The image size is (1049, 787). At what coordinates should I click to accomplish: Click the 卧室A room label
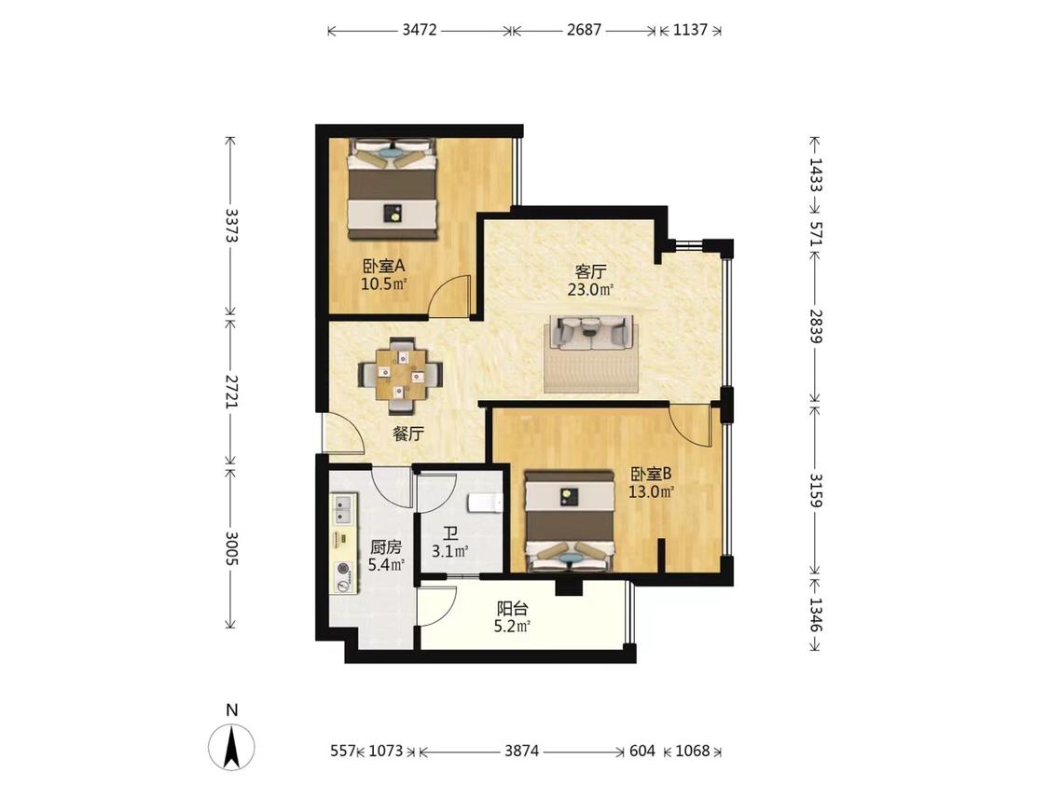pyautogui.click(x=384, y=267)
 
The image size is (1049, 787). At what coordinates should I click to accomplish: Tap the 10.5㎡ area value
pyautogui.click(x=384, y=283)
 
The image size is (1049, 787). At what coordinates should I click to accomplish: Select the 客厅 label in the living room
pyautogui.click(x=591, y=271)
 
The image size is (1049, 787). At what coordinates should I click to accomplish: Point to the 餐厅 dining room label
pyautogui.click(x=408, y=434)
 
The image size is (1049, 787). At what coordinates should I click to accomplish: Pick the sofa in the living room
pyautogui.click(x=592, y=332)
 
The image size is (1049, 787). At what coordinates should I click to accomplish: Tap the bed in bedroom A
pyautogui.click(x=392, y=188)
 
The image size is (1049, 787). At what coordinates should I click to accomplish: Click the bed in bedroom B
pyautogui.click(x=570, y=521)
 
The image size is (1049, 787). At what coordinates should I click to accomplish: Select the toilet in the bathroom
pyautogui.click(x=484, y=502)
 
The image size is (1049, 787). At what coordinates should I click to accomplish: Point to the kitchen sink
pyautogui.click(x=344, y=508)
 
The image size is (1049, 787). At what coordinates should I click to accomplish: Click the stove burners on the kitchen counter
pyautogui.click(x=344, y=577)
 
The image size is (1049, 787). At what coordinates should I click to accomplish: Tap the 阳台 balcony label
pyautogui.click(x=513, y=609)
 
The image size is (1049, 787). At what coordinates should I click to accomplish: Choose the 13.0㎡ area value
pyautogui.click(x=650, y=492)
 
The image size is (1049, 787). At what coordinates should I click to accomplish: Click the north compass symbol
pyautogui.click(x=231, y=746)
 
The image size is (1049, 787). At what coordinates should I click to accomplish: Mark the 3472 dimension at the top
pyautogui.click(x=420, y=30)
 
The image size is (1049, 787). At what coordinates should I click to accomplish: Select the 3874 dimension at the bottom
pyautogui.click(x=522, y=751)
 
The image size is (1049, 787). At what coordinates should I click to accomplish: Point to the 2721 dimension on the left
pyautogui.click(x=231, y=391)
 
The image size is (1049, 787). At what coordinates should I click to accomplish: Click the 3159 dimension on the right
pyautogui.click(x=816, y=490)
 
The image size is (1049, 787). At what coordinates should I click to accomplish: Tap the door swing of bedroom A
pyautogui.click(x=449, y=295)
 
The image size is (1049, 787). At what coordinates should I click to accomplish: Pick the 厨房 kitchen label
pyautogui.click(x=386, y=547)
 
